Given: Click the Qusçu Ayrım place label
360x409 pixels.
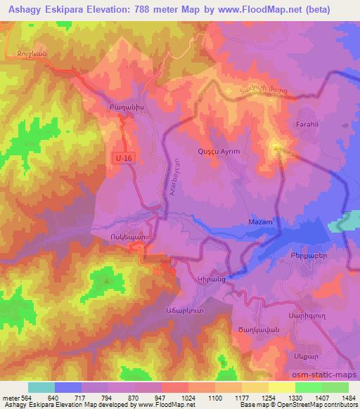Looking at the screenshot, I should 220,152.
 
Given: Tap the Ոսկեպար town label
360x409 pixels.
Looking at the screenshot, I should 127,237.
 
